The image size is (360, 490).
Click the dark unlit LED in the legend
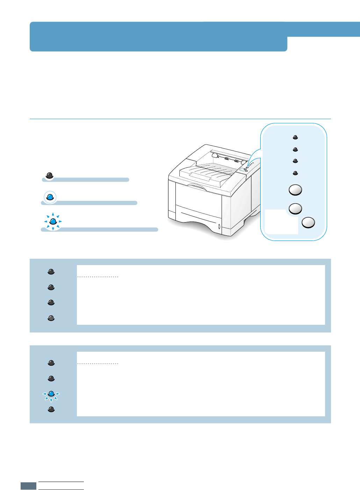coord(50,175)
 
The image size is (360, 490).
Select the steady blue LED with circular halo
coord(50,197)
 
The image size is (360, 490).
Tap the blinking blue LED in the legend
coord(53,221)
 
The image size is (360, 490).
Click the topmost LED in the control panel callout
coord(295,137)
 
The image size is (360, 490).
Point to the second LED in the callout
coord(295,149)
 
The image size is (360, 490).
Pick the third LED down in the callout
coord(295,161)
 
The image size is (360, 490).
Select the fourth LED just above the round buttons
coord(295,173)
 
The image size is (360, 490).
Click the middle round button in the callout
coord(295,209)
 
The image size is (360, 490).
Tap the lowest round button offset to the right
coord(308,222)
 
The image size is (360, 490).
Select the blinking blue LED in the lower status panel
coord(51,394)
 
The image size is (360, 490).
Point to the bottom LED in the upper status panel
coord(51,318)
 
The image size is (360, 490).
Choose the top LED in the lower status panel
coord(51,363)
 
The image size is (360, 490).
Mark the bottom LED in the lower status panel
coord(51,409)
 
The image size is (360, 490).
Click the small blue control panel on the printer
coord(243,169)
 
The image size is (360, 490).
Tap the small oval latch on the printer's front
coord(219,227)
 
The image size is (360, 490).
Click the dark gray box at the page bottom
coord(28,486)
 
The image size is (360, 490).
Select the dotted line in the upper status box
coord(98,277)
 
